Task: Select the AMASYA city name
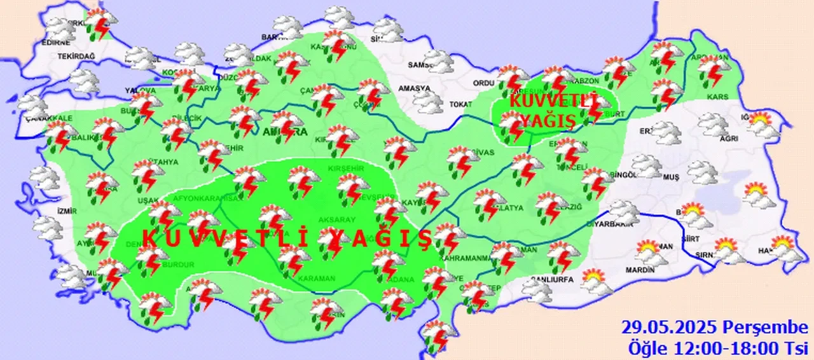click(414, 88)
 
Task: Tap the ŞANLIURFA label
click(551, 279)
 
